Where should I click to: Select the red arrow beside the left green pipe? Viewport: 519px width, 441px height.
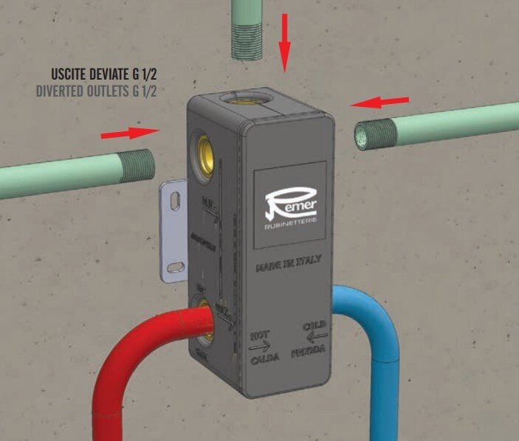pos(129,133)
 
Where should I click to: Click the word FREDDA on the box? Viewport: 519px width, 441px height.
pos(312,353)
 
